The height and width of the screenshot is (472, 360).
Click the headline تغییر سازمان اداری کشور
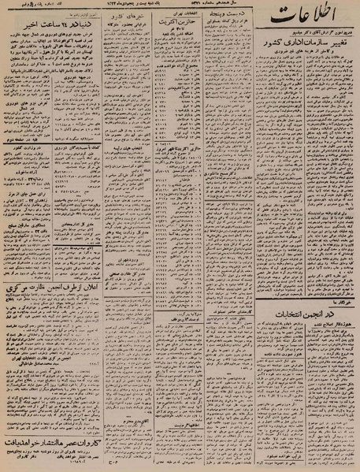click(x=300, y=60)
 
